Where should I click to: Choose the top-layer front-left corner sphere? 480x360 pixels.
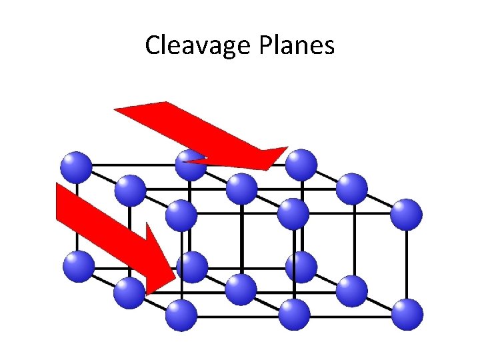[x=181, y=215]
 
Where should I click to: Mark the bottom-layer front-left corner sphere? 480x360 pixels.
[x=181, y=315]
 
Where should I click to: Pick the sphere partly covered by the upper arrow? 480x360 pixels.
[x=192, y=165]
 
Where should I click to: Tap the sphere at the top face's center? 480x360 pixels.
[x=241, y=189]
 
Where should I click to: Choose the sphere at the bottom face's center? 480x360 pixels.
[x=241, y=290]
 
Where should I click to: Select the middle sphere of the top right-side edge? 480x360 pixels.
[x=351, y=189]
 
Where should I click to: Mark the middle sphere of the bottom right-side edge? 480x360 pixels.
[x=351, y=291]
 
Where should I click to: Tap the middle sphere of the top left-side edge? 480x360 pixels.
[x=129, y=190]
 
